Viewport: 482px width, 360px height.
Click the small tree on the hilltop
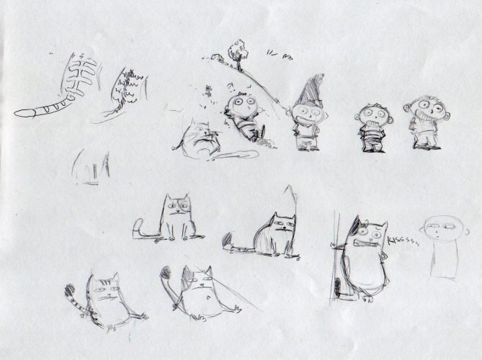pyautogui.click(x=236, y=53)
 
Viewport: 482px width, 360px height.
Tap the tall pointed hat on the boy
pyautogui.click(x=311, y=89)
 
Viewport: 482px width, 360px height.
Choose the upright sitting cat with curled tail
pyautogui.click(x=175, y=217)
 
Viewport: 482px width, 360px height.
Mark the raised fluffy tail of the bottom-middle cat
pyautogui.click(x=167, y=276)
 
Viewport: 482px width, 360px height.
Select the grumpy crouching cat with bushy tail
pyautogui.click(x=271, y=235)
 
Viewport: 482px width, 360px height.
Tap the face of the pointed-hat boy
pyautogui.click(x=303, y=114)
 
